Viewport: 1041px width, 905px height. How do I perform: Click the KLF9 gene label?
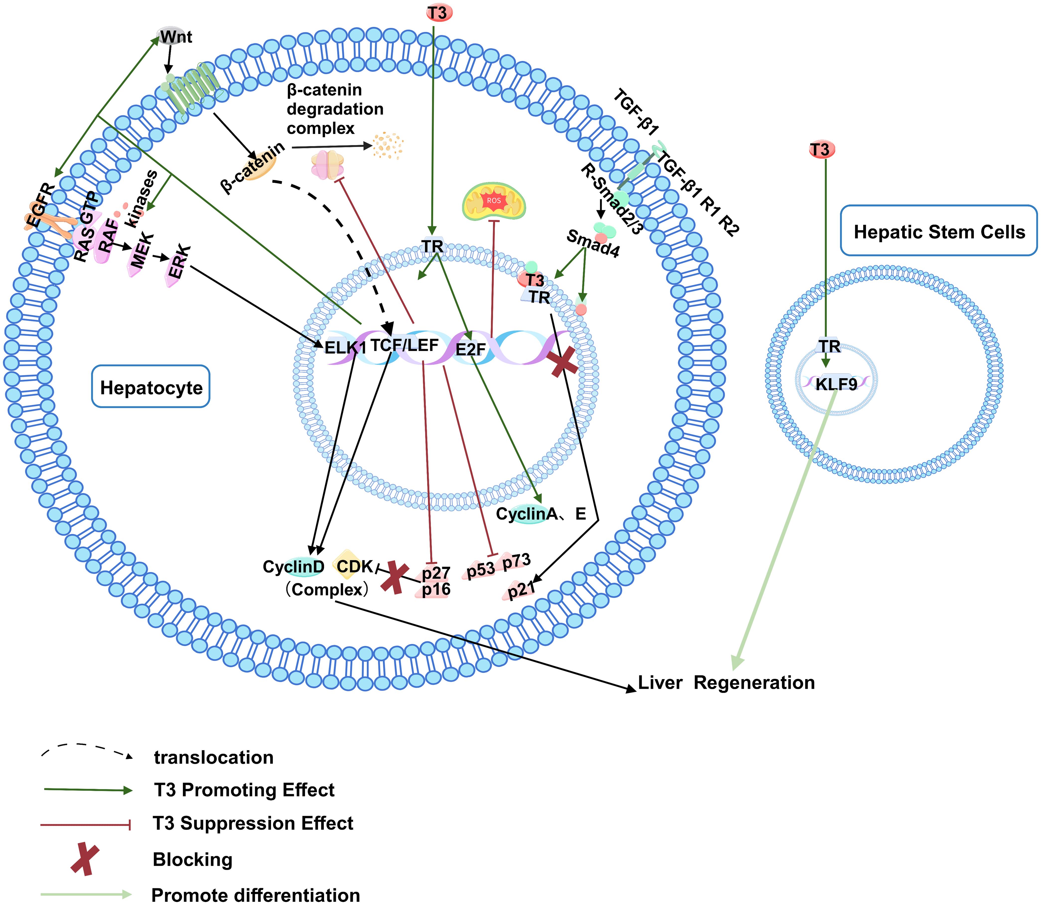[x=836, y=384]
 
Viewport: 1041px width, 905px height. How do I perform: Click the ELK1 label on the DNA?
[x=345, y=347]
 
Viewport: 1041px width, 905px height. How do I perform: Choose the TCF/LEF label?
[x=405, y=345]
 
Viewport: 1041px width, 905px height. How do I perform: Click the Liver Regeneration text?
[x=726, y=682]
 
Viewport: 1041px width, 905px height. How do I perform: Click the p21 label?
[x=520, y=589]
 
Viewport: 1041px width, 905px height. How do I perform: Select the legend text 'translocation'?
[x=214, y=758]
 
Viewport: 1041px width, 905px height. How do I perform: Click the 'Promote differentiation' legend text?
[x=256, y=895]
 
